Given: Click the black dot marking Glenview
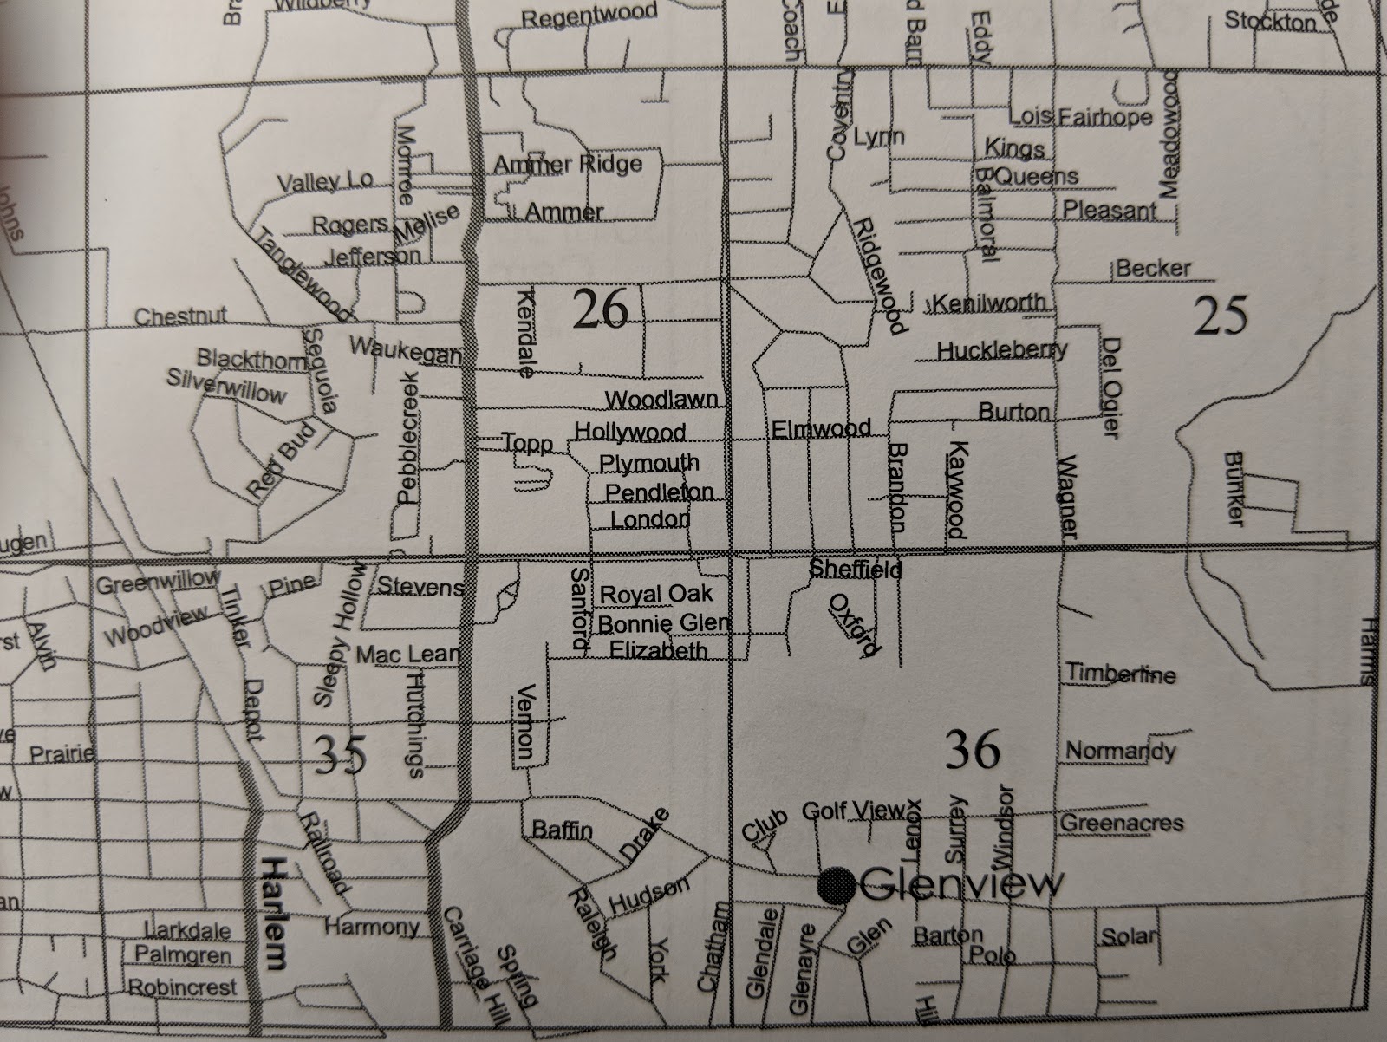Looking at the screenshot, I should pyautogui.click(x=837, y=884).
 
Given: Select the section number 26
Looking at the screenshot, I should pyautogui.click(x=601, y=309).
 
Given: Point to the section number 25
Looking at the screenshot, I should pyautogui.click(x=1221, y=315).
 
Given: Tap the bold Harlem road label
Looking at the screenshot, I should pyautogui.click(x=275, y=914).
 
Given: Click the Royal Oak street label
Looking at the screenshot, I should pyautogui.click(x=656, y=594).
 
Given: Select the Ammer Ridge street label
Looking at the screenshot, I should pyautogui.click(x=568, y=164).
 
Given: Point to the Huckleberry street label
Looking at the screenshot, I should pyautogui.click(x=1002, y=350).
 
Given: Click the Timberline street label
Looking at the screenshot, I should pyautogui.click(x=1120, y=674).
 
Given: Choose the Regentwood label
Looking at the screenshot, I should pyautogui.click(x=589, y=16).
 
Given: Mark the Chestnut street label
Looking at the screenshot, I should pyautogui.click(x=180, y=316).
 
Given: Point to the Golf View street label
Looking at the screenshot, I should pyautogui.click(x=853, y=811).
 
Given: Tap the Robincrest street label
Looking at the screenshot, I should pyautogui.click(x=183, y=987).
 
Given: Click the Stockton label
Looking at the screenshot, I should pyautogui.click(x=1269, y=22).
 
